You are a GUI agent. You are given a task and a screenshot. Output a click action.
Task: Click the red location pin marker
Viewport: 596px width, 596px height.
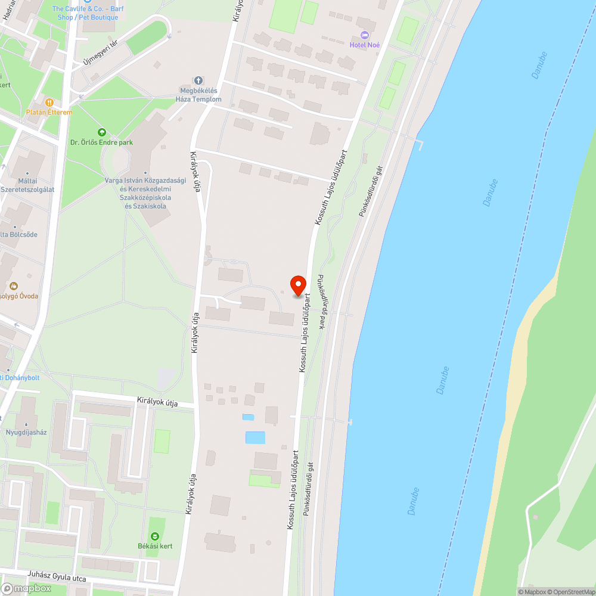point(297,285)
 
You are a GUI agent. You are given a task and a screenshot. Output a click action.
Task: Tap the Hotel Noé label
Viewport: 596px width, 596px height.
point(365,45)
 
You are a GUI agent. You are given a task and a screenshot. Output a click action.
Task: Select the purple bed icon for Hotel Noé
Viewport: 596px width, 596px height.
point(365,36)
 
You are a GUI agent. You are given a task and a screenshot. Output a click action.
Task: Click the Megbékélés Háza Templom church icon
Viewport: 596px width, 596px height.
point(198,80)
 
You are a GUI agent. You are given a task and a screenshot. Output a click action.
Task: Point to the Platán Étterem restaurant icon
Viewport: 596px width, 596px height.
point(49,103)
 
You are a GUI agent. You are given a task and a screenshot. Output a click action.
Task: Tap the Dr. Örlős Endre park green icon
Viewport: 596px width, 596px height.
point(101,132)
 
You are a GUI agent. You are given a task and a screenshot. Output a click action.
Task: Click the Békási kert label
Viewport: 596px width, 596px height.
point(154,546)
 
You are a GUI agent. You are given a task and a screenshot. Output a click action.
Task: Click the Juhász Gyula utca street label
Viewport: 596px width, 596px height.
point(57,578)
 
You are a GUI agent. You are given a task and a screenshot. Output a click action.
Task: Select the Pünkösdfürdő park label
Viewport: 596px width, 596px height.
point(321,302)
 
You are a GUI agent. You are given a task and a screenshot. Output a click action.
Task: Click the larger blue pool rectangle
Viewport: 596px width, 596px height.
point(255,437)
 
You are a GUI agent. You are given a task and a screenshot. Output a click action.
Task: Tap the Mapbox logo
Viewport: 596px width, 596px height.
point(27,588)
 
